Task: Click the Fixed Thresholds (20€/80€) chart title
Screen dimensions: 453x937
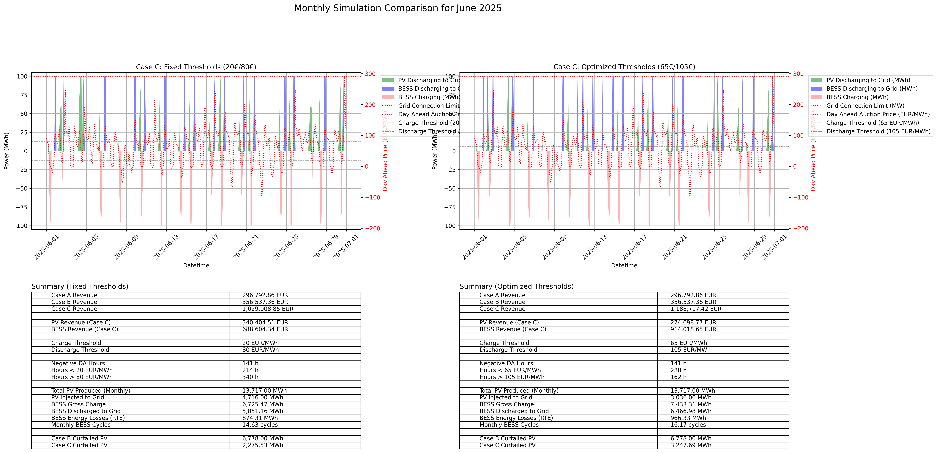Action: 196,67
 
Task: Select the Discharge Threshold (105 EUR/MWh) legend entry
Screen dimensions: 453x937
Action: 878,131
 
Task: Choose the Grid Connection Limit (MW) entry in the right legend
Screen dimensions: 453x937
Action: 865,106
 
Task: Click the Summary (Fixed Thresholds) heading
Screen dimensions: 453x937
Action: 80,286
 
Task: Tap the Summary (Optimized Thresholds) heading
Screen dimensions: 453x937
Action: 517,286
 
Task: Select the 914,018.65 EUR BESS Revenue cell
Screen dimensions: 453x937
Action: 693,329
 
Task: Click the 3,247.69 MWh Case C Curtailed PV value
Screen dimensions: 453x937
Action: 690,445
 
